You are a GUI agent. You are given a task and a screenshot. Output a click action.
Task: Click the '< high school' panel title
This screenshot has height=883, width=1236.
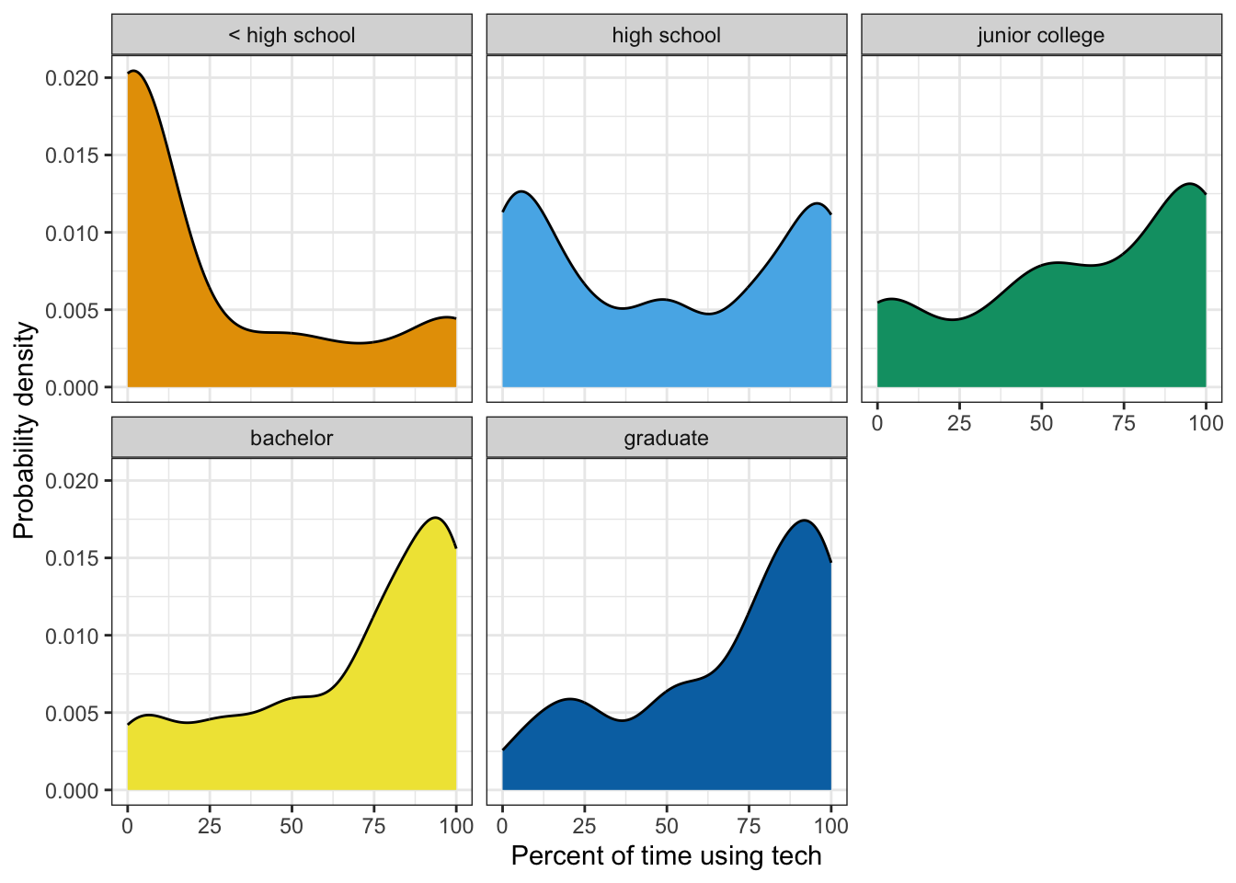[x=292, y=36]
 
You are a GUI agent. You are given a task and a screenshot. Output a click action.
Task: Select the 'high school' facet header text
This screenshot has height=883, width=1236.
[x=666, y=36]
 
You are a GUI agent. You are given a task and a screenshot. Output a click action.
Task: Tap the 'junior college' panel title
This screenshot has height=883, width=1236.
[x=1040, y=36]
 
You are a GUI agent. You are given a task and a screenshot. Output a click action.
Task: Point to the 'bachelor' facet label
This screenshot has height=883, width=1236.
[x=292, y=438]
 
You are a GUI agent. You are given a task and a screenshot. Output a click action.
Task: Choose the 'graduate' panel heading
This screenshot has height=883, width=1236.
[x=666, y=438]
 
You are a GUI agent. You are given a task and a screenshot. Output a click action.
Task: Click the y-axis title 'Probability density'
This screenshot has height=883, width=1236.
[x=25, y=430]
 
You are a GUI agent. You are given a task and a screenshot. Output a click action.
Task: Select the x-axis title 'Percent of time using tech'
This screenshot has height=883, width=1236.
[x=666, y=856]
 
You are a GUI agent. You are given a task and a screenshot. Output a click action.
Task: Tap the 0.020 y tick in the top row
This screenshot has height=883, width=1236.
[x=72, y=78]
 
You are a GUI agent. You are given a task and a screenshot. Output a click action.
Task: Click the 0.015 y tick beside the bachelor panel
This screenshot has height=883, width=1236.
[x=72, y=558]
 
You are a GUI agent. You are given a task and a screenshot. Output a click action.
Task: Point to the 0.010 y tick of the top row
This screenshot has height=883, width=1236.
[x=72, y=233]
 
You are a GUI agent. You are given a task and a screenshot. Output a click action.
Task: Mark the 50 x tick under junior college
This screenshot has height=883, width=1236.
[x=1041, y=423]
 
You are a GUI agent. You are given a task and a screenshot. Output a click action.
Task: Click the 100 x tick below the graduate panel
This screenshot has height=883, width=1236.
[x=830, y=826]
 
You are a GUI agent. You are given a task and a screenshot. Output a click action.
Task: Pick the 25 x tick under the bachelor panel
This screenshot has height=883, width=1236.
[x=210, y=826]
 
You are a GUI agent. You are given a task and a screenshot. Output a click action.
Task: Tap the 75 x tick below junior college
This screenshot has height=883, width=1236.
[x=1124, y=423]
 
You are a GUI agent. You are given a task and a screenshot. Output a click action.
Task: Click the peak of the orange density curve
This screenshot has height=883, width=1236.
[x=133, y=71]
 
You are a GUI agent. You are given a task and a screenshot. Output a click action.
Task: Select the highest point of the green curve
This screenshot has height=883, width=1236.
[x=1190, y=184]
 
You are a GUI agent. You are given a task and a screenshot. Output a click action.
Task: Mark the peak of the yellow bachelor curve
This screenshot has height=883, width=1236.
[x=435, y=518]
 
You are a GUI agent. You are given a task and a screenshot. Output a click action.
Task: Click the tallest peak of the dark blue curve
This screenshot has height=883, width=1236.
[x=804, y=521]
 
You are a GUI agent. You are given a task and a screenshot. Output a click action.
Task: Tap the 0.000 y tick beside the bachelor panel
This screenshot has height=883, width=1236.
[x=72, y=790]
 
